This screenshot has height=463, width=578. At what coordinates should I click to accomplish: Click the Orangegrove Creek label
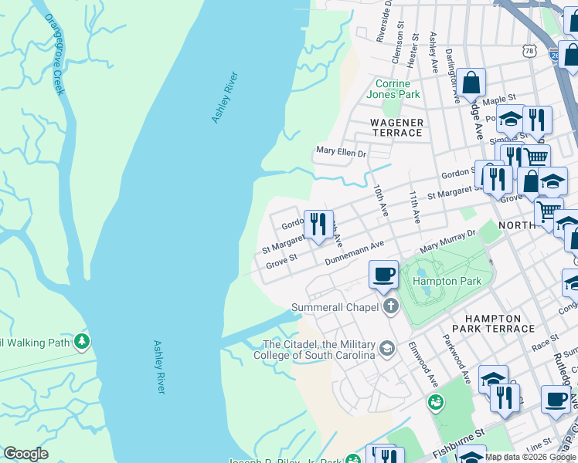click(x=54, y=54)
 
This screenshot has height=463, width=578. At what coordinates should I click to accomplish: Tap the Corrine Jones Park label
click(x=397, y=89)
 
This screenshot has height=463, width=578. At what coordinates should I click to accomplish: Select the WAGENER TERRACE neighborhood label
click(x=397, y=127)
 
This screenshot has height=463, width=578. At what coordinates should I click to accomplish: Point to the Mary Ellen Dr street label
click(x=341, y=153)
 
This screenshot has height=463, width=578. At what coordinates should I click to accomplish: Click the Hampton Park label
click(x=447, y=281)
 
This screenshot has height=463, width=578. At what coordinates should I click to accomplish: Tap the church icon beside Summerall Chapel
click(x=391, y=307)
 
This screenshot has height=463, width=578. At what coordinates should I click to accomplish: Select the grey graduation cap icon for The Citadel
click(x=387, y=350)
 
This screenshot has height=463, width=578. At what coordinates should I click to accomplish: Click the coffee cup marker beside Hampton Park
click(x=383, y=275)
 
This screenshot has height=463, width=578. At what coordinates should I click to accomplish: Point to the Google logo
click(x=25, y=454)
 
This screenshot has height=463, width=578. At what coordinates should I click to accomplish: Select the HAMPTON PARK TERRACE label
click(x=499, y=323)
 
